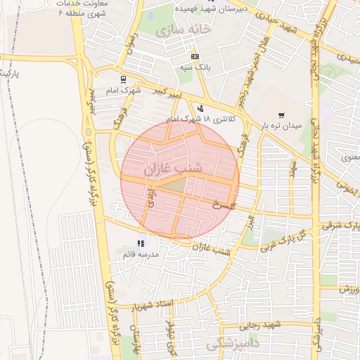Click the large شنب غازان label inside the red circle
coord(173,169)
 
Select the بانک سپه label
coord(195,67)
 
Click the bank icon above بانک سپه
coord(195,56)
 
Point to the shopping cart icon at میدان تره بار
coord(281,115)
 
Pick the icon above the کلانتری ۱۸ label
coord(201,109)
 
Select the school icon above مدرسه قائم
coord(148,243)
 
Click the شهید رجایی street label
coord(260,325)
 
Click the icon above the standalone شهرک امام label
coord(124,79)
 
